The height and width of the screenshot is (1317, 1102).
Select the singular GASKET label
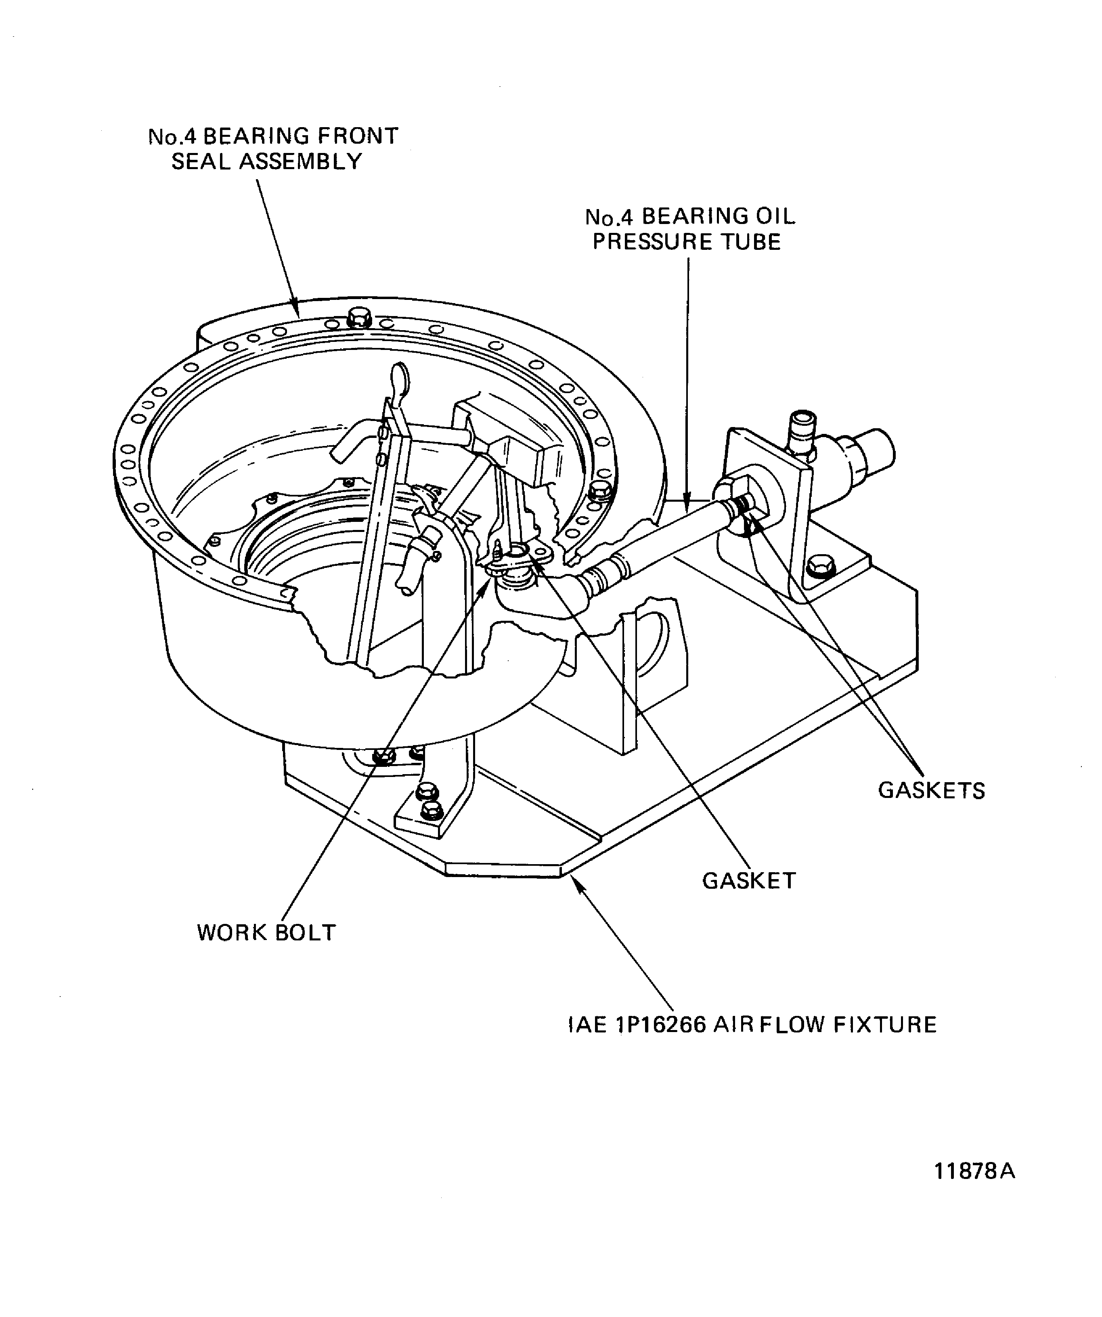(749, 881)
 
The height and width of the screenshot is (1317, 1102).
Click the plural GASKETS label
(931, 790)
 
